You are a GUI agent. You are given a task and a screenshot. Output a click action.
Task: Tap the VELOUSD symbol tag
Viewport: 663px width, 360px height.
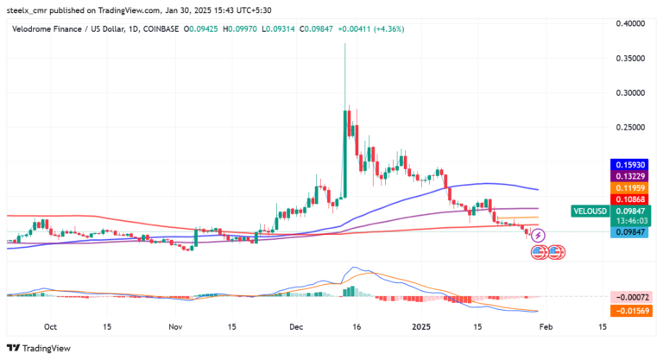pos(590,211)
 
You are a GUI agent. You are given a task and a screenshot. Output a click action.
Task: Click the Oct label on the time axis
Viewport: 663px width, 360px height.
pos(50,328)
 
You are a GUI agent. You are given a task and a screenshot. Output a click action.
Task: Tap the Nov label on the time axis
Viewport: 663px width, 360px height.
pos(175,328)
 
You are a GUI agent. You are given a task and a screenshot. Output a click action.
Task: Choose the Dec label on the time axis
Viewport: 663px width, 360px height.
pos(296,328)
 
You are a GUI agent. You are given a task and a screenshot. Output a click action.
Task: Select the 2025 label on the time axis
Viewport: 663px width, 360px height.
pos(420,328)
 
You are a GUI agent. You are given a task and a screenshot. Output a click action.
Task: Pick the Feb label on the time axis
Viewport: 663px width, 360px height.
pos(545,328)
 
